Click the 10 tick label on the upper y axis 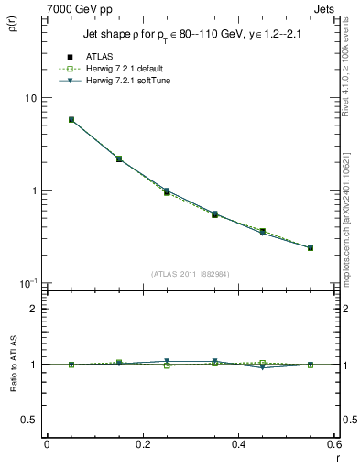tap(30, 98)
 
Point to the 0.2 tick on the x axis tap(142, 443)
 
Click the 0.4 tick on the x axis tap(238, 443)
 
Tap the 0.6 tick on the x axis tap(333, 443)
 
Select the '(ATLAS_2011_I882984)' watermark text tap(191, 274)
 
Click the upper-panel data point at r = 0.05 tap(71, 119)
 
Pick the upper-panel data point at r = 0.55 tap(311, 247)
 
